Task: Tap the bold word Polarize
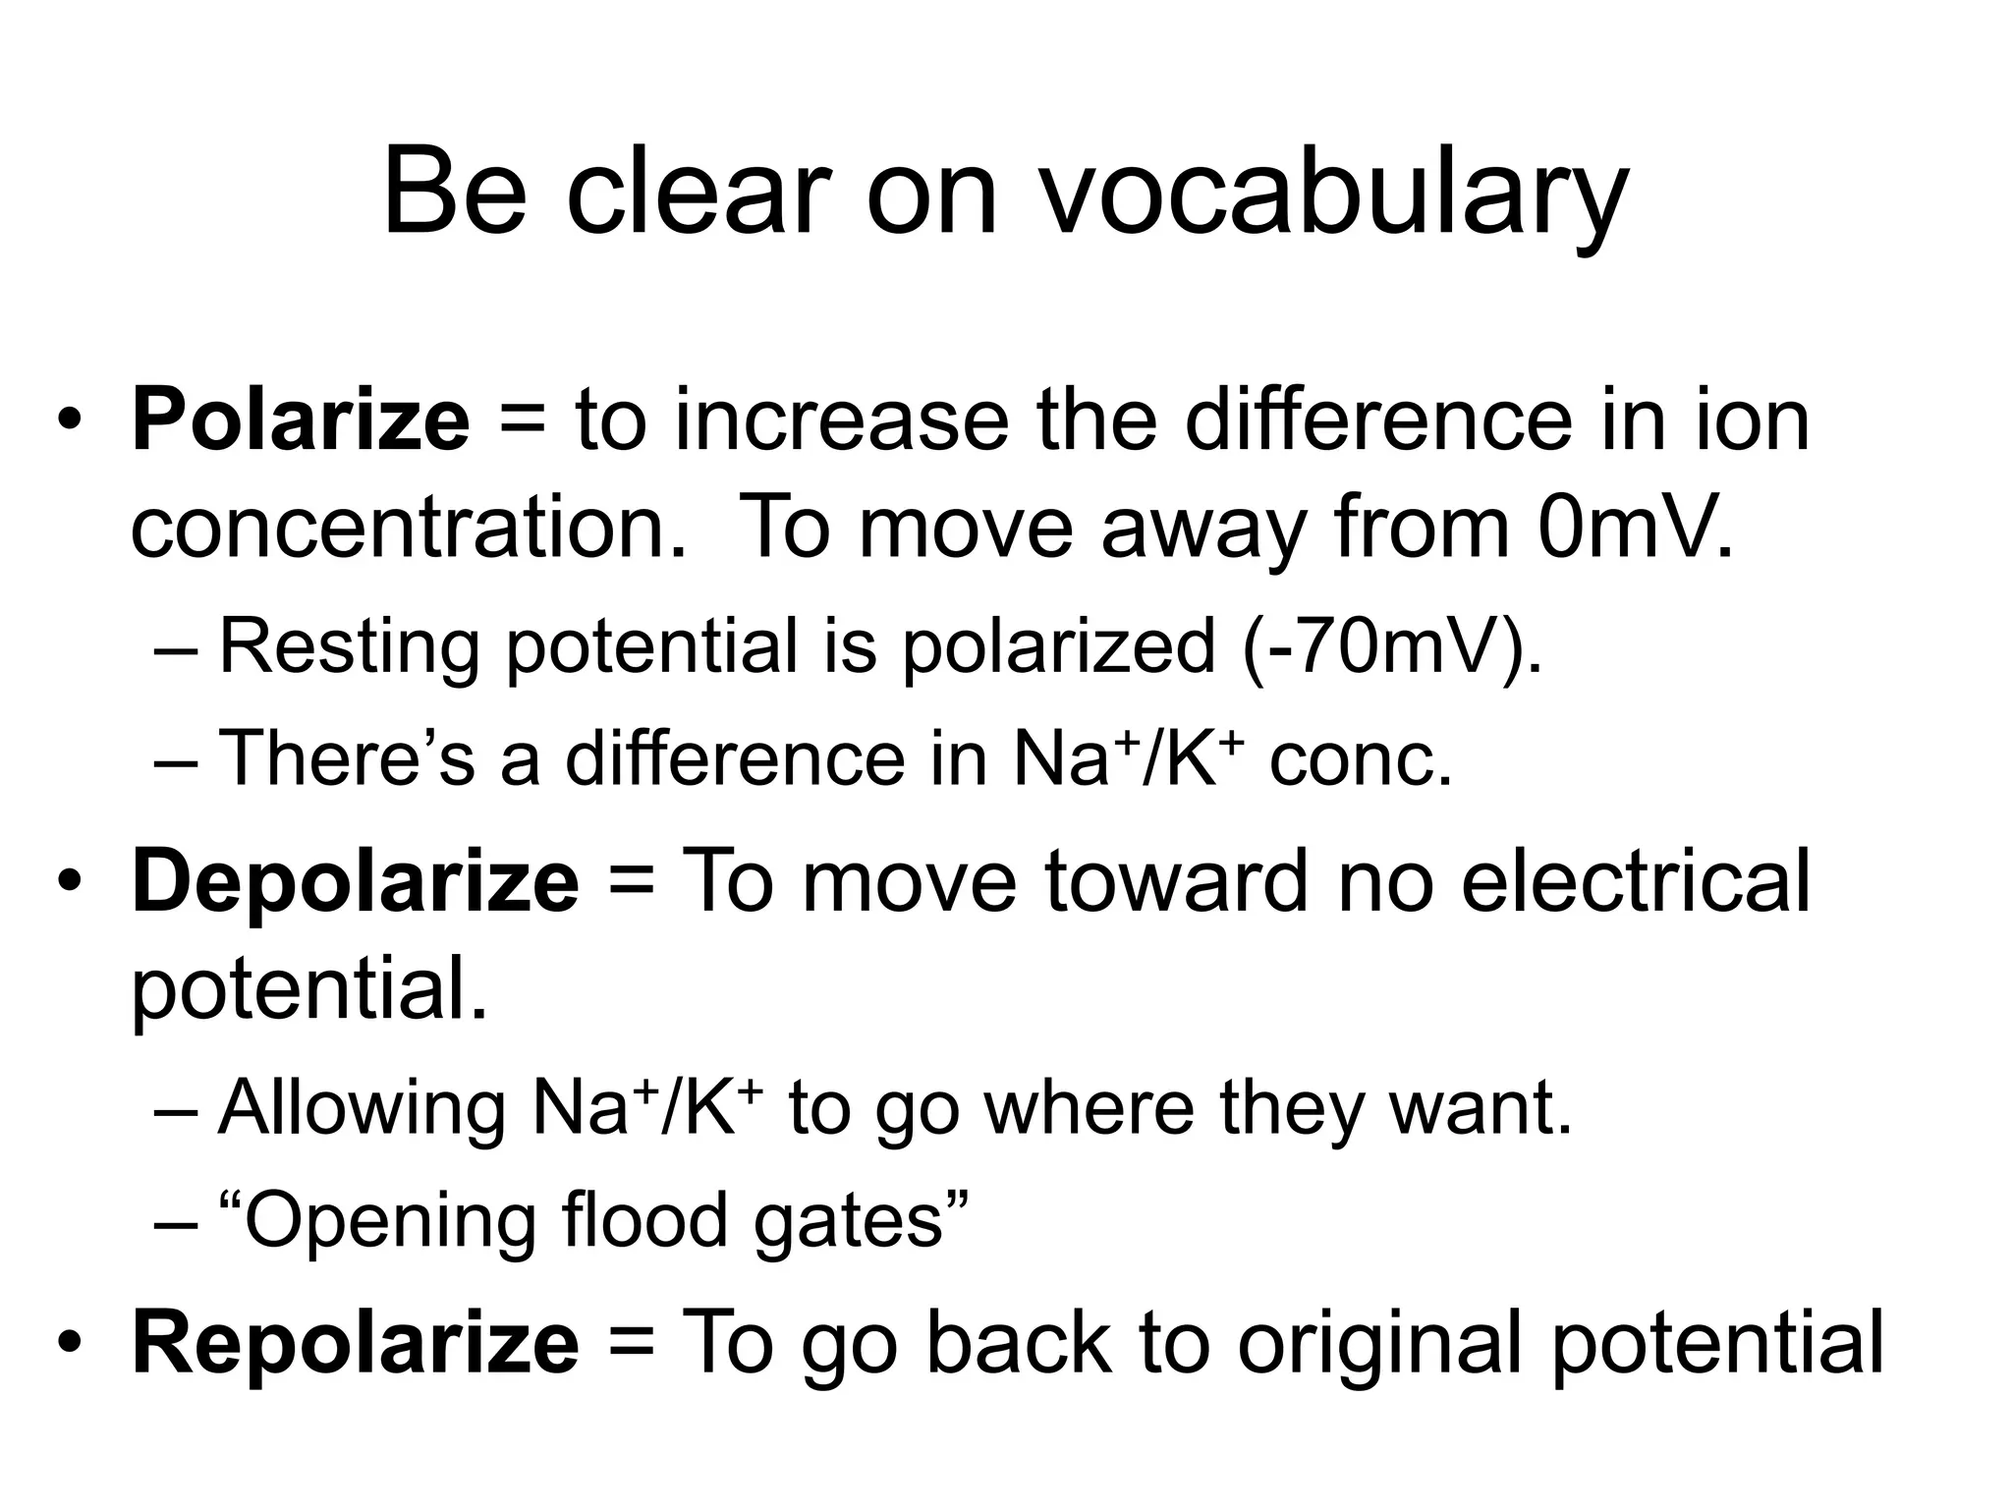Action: (301, 420)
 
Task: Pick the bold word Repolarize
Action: (356, 1342)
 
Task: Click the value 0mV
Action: (1636, 529)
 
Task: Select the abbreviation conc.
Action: (1361, 760)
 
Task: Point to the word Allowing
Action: (362, 1108)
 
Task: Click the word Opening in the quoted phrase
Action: (388, 1221)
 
